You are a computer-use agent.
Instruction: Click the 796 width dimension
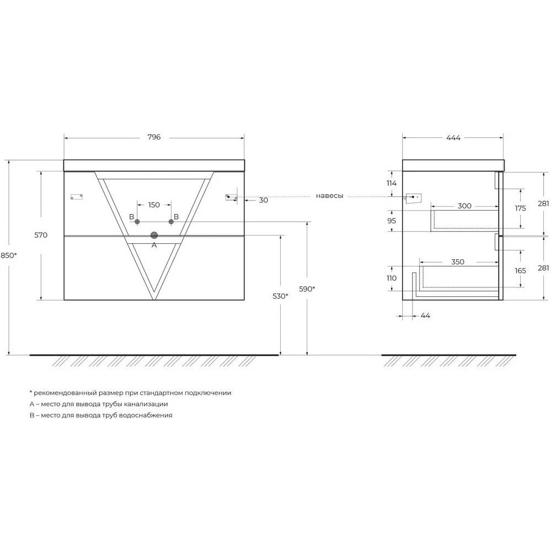tap(154, 137)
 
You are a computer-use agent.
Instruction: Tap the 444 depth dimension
tap(453, 138)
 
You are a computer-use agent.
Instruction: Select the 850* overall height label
tap(8, 255)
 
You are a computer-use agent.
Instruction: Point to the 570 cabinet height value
tap(41, 235)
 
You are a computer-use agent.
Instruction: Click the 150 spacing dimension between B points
tap(154, 205)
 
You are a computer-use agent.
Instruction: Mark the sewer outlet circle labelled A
tap(154, 236)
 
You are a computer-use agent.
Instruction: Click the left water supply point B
tap(137, 222)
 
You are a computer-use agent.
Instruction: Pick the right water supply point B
tap(171, 222)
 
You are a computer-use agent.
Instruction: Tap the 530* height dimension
tap(280, 296)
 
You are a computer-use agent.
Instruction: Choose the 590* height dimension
tap(307, 289)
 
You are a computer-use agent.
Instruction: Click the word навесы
tap(329, 196)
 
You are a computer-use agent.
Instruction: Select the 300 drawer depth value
tap(464, 206)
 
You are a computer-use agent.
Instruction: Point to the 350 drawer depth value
tap(458, 262)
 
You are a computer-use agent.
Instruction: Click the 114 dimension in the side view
tap(392, 183)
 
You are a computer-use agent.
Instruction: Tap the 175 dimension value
tap(521, 208)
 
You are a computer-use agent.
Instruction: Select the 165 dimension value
tap(521, 271)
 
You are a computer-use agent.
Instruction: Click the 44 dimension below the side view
tap(425, 315)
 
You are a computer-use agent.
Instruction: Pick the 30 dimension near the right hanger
tap(264, 200)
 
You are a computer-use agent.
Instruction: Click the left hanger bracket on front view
tap(77, 197)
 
